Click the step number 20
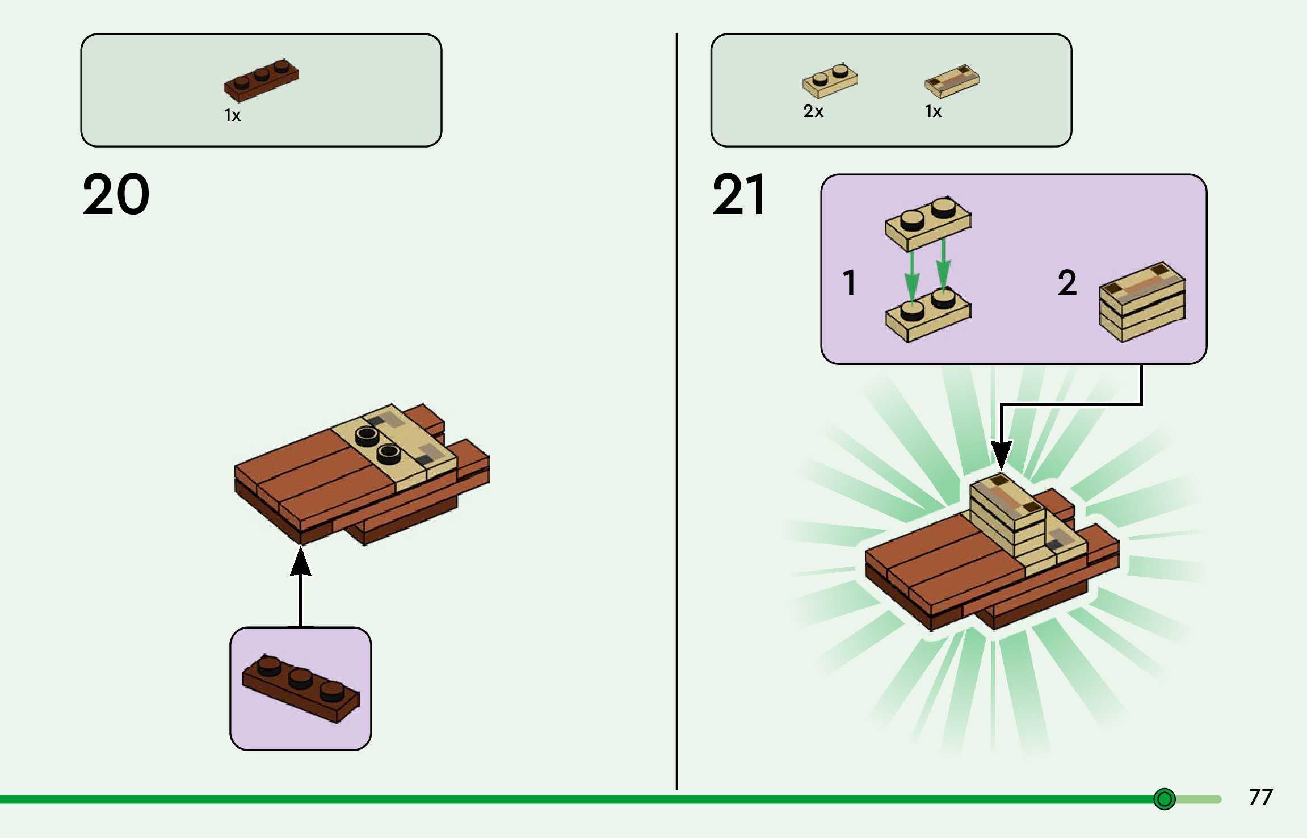[x=116, y=195]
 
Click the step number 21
[x=738, y=195]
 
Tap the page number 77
[x=1260, y=797]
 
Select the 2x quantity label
[x=813, y=111]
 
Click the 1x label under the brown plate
[x=232, y=116]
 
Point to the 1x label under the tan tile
[x=933, y=111]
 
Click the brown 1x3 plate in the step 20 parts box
[x=261, y=80]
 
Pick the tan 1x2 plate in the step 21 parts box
[x=830, y=81]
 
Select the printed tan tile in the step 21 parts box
[x=952, y=81]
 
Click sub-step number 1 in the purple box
[x=849, y=283]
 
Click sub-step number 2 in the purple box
[x=1067, y=283]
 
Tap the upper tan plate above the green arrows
[x=928, y=223]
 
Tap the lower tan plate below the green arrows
[x=928, y=316]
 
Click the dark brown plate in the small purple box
[x=300, y=689]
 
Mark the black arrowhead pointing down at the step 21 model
[x=1001, y=454]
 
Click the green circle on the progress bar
[x=1164, y=799]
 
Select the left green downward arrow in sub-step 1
[x=911, y=278]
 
